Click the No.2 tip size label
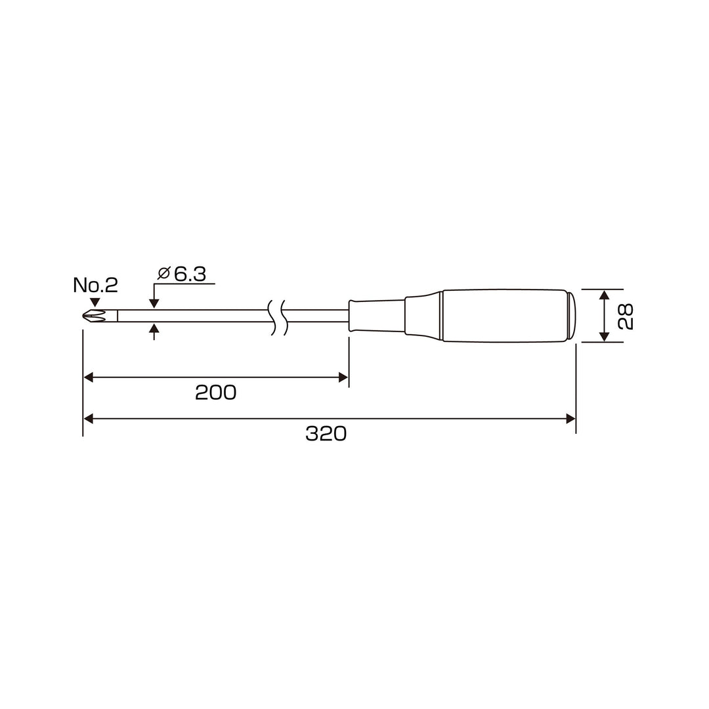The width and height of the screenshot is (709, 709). (95, 285)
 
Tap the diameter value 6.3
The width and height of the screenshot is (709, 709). (190, 274)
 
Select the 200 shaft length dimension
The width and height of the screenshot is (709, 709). (216, 393)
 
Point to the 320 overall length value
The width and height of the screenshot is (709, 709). (326, 434)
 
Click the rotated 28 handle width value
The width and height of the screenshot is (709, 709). (626, 316)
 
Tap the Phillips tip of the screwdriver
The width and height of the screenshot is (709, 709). (95, 315)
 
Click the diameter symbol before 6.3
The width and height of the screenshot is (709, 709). (163, 274)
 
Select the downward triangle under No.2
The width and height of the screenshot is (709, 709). (95, 302)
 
